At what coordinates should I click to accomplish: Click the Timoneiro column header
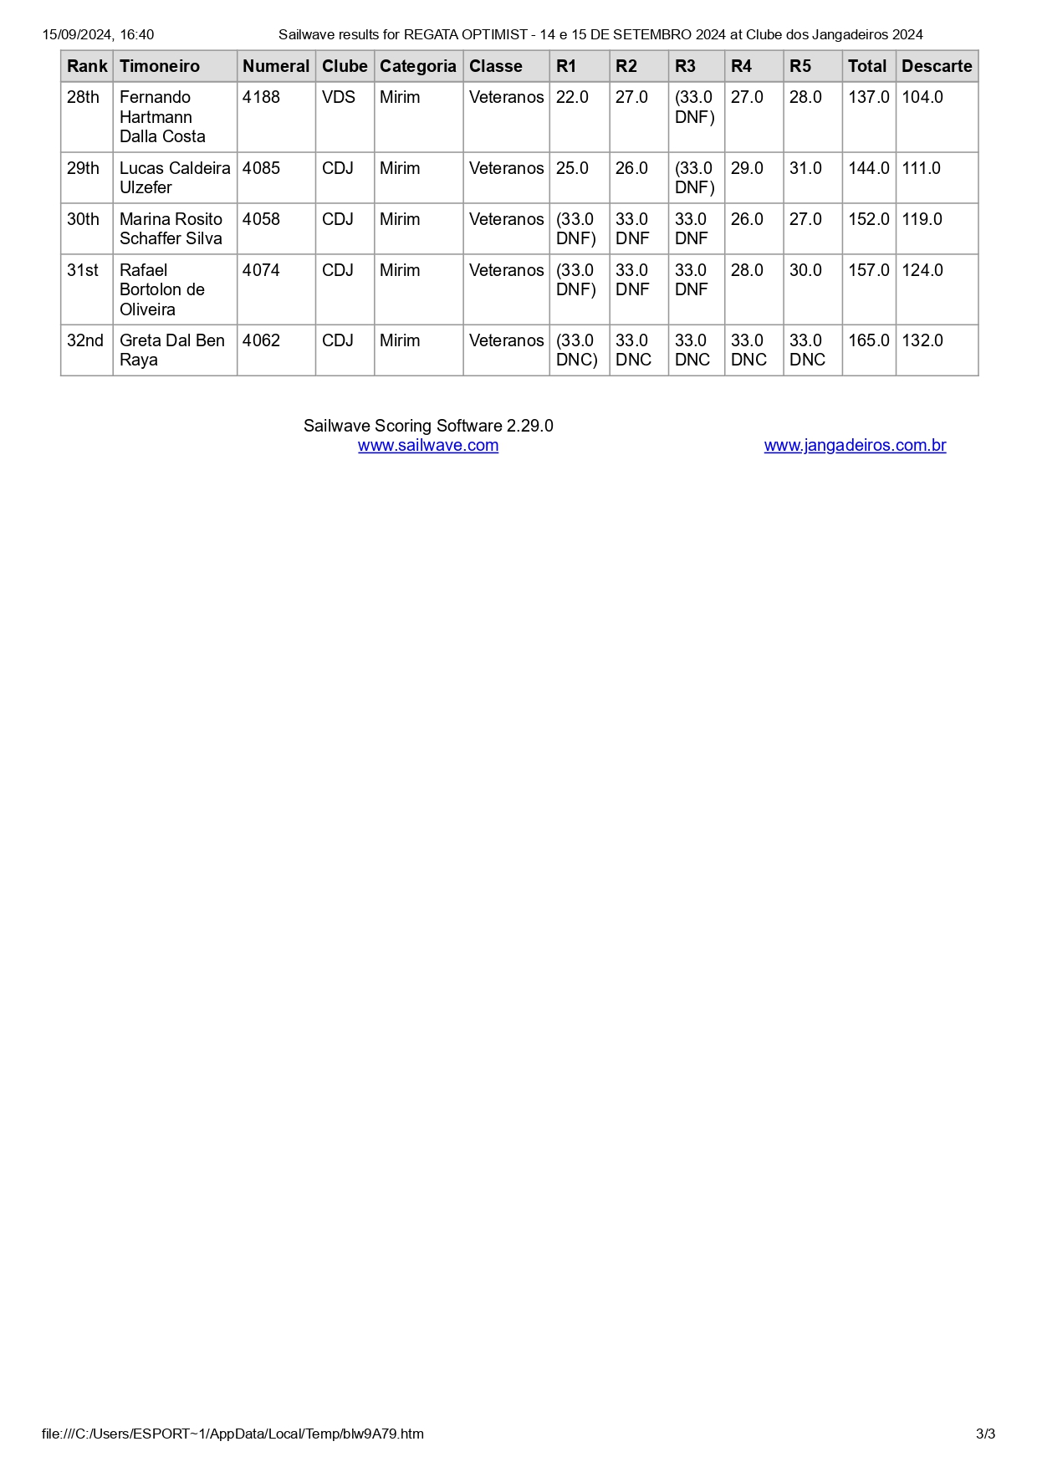point(160,66)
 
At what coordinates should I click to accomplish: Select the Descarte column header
point(937,66)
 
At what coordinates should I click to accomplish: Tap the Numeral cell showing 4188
point(261,97)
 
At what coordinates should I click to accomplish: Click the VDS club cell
point(338,97)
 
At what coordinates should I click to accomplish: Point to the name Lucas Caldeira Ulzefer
point(174,177)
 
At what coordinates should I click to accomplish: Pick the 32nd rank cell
point(85,340)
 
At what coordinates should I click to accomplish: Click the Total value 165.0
point(868,340)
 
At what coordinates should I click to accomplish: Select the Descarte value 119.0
point(922,219)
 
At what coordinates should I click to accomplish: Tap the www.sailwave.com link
point(428,446)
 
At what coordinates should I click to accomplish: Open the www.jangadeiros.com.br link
point(855,446)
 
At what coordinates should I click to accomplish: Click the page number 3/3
point(985,1434)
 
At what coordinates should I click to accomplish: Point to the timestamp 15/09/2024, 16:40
point(98,34)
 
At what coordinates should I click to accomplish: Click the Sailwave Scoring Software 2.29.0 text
point(428,426)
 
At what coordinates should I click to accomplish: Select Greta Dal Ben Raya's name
point(171,350)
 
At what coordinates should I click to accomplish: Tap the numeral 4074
point(261,270)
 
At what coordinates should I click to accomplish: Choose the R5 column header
point(800,66)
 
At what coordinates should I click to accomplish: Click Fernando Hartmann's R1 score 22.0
point(572,97)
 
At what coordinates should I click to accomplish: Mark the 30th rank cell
point(83,219)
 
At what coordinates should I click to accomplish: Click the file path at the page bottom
point(232,1434)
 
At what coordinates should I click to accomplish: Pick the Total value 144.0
point(868,168)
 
